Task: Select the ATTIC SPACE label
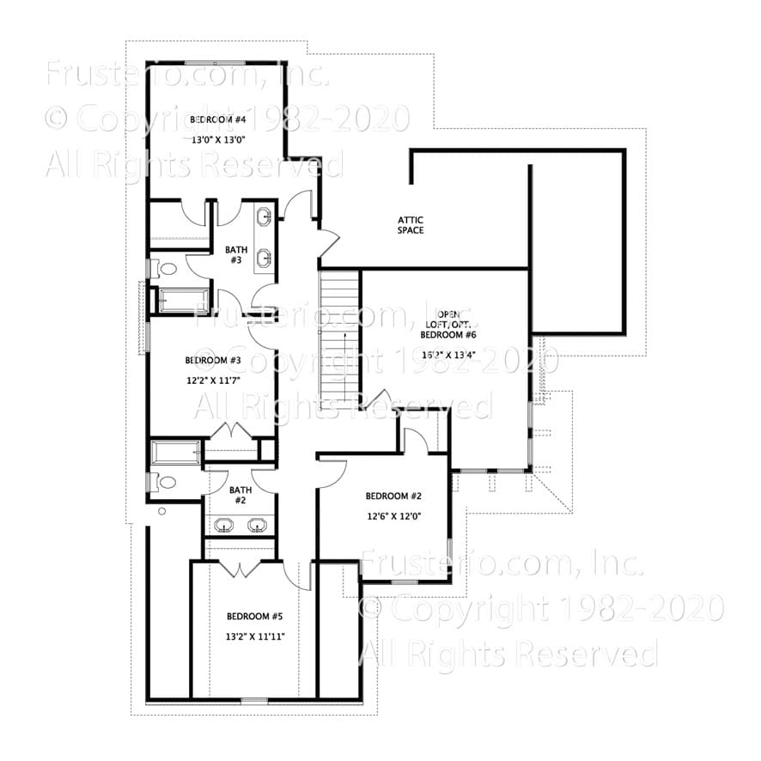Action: click(411, 225)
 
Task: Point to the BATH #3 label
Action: click(236, 255)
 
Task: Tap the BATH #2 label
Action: click(240, 495)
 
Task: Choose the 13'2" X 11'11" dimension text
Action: click(254, 636)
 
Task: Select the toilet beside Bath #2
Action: click(165, 483)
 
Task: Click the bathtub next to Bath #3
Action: click(179, 301)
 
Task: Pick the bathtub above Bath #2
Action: click(176, 453)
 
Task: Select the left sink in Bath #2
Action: click(225, 525)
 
